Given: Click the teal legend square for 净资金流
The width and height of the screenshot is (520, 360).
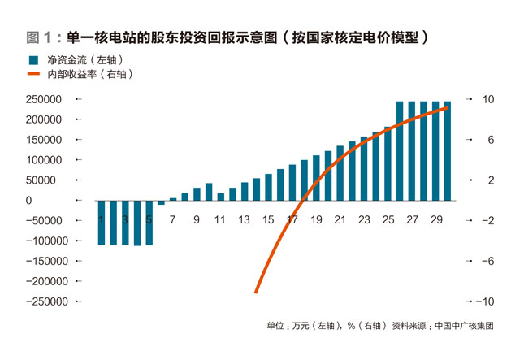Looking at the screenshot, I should [33, 61].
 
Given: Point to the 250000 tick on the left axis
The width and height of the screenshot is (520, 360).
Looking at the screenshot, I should [45, 99].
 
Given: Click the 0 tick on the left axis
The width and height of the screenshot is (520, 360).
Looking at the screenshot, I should [28, 201].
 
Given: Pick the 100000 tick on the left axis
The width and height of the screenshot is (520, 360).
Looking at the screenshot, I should [45, 160].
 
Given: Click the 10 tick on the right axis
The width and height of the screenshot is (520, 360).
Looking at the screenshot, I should [488, 99].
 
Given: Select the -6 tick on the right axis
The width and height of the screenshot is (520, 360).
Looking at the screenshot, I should [487, 261].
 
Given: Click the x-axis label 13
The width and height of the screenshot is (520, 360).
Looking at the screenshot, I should [244, 219].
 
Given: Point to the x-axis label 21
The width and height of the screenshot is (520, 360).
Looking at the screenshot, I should [340, 219].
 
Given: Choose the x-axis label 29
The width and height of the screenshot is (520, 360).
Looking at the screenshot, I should [435, 219].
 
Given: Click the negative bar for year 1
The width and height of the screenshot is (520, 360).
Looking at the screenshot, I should [102, 222].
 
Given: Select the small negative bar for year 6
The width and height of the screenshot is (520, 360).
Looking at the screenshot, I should [161, 202].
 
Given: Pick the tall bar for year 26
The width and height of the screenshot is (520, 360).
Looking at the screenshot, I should [400, 151].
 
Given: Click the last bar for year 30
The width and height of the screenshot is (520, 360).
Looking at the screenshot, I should [448, 151].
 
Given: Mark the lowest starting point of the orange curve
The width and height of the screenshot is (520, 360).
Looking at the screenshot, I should [256, 292].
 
